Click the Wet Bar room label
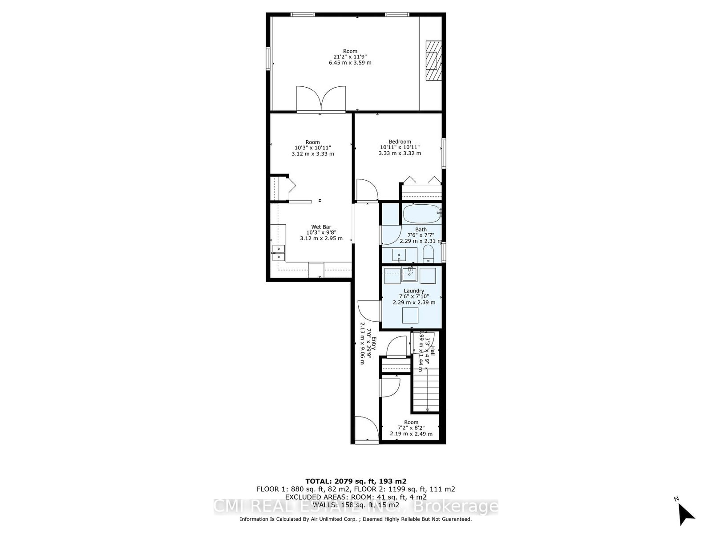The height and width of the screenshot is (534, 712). [x=321, y=227]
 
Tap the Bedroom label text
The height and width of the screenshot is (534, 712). [x=400, y=142]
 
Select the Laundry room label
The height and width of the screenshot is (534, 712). [x=414, y=291]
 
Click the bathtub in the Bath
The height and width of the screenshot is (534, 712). [x=422, y=214]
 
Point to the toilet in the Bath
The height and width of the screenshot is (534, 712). [x=428, y=255]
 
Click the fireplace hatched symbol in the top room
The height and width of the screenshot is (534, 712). [x=433, y=61]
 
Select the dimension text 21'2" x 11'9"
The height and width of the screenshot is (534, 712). [x=350, y=57]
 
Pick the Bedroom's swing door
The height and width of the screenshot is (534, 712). [x=366, y=190]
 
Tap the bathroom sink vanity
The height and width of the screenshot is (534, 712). [x=399, y=255]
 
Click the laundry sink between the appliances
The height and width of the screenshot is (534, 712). [x=409, y=275]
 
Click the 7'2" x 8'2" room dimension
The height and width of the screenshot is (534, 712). [x=411, y=428]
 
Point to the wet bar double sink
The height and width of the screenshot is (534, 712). [x=279, y=252]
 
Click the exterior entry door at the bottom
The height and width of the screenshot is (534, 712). [x=367, y=429]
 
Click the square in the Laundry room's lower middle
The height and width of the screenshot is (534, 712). [x=410, y=315]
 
